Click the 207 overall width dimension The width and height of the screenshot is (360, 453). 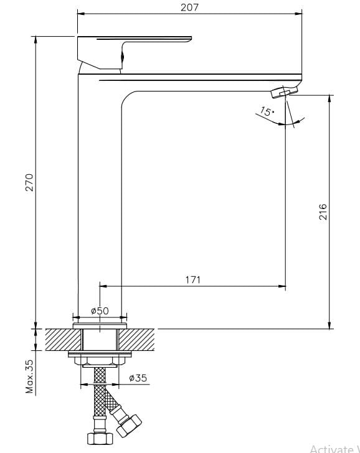(x=189, y=7)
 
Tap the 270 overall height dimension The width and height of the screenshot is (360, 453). (x=28, y=182)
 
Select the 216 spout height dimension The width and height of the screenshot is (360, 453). (x=322, y=212)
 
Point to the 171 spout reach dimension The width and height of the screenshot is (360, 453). (x=193, y=280)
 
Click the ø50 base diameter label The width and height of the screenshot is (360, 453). (x=100, y=311)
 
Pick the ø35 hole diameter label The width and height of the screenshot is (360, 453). (x=138, y=378)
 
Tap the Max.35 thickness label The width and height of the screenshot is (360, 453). (x=29, y=375)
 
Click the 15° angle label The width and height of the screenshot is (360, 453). (x=266, y=112)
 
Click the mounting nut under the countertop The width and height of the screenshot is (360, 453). (x=100, y=359)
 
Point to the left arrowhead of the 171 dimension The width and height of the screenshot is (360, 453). (x=103, y=287)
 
